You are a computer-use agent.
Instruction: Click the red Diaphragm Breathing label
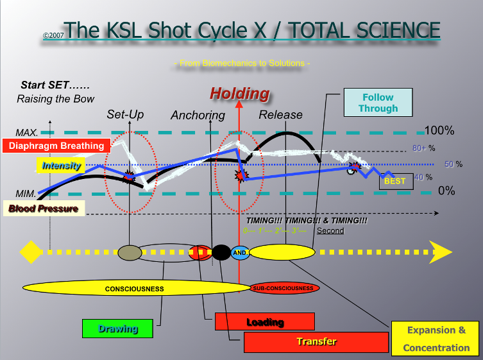click(x=53, y=145)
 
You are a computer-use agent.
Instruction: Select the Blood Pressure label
click(x=43, y=208)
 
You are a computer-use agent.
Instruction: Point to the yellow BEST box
click(x=394, y=181)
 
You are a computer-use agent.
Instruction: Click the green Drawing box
click(x=118, y=328)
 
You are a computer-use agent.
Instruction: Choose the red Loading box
click(x=264, y=321)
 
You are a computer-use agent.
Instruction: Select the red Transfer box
click(x=316, y=341)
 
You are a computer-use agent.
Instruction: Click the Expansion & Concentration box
click(x=436, y=339)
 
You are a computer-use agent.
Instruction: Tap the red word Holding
click(x=239, y=93)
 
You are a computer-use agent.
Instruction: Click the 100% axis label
click(x=439, y=131)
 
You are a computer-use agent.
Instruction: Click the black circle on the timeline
click(x=221, y=252)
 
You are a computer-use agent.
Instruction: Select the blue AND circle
click(x=240, y=253)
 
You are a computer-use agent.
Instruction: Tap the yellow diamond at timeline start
click(x=30, y=252)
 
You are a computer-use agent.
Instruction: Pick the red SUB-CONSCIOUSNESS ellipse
click(x=282, y=288)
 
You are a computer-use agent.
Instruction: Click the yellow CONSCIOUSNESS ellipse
click(x=134, y=288)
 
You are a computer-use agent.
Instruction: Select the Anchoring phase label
click(x=198, y=116)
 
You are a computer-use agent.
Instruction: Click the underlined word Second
click(x=330, y=231)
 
